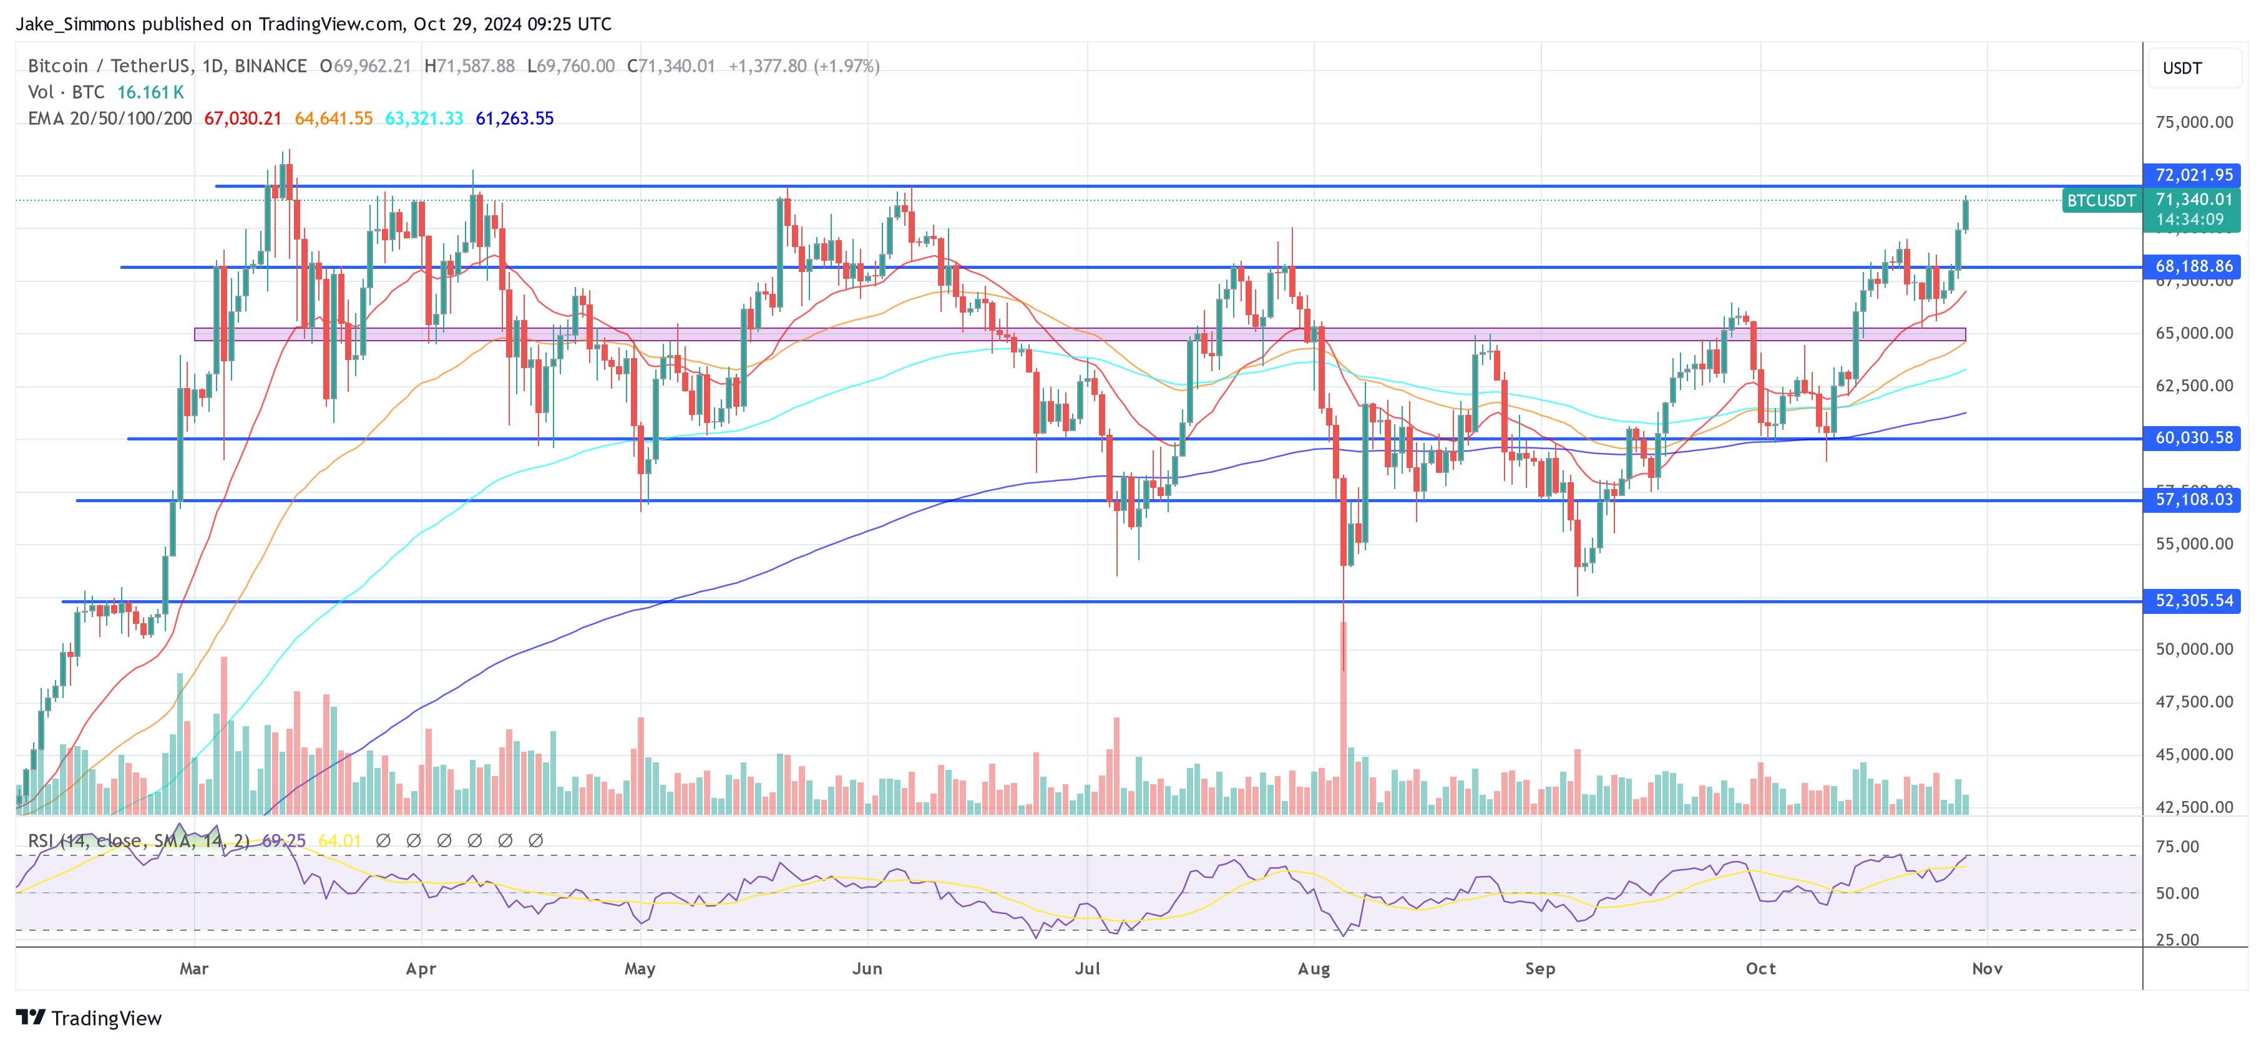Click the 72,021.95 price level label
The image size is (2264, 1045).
coord(2192,175)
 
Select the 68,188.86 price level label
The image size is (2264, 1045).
coord(2192,266)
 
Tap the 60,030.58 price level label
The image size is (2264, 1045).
coord(2192,438)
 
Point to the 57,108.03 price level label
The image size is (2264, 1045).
coord(2192,499)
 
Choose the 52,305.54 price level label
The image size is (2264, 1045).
coord(2192,600)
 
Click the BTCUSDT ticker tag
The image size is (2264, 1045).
coord(2101,200)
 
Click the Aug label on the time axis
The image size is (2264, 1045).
coord(1314,968)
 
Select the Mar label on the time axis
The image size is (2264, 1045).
coord(194,968)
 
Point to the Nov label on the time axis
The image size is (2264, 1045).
coord(1987,968)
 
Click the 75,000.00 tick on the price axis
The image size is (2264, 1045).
coord(2193,122)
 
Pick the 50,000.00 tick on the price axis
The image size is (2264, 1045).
coord(2193,649)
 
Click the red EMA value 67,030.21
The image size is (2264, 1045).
coord(243,119)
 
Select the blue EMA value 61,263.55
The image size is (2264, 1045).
coord(514,119)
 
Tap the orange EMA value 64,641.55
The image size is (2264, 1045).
coord(333,119)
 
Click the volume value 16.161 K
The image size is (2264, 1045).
coord(150,92)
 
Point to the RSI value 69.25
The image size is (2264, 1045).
coord(284,841)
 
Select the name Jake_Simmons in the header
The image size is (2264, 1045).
coord(76,24)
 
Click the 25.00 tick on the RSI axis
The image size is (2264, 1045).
coord(2177,940)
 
